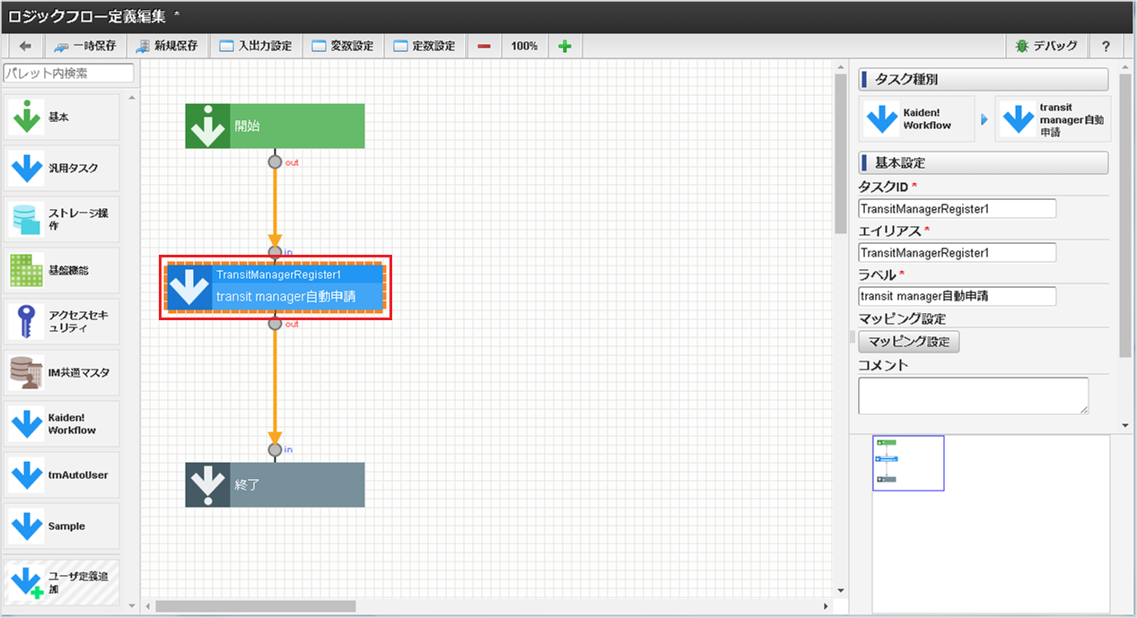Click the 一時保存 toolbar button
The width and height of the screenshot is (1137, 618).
click(x=86, y=46)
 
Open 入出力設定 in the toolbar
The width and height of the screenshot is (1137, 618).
click(x=256, y=46)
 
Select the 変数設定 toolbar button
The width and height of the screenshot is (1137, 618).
click(x=343, y=46)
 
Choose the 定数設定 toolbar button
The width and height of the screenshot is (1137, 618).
click(x=424, y=46)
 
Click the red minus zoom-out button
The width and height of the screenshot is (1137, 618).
click(x=484, y=46)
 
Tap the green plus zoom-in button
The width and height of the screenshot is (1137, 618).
click(x=564, y=46)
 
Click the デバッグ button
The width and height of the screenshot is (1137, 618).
click(x=1046, y=46)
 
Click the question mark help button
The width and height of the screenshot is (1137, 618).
click(x=1106, y=46)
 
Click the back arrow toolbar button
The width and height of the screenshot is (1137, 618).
click(x=25, y=46)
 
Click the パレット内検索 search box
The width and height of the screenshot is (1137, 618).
click(x=68, y=73)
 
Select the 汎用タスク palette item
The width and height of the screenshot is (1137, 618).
click(x=61, y=169)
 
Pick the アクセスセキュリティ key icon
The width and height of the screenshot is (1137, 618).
click(x=26, y=321)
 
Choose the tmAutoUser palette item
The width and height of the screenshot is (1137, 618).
click(x=61, y=474)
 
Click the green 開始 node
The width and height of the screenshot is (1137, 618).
click(x=275, y=126)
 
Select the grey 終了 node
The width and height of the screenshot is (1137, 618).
click(x=275, y=484)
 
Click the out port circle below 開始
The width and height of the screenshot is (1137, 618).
click(x=275, y=161)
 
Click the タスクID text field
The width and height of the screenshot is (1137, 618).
click(x=957, y=208)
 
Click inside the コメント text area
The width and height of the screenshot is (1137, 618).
click(x=973, y=396)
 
